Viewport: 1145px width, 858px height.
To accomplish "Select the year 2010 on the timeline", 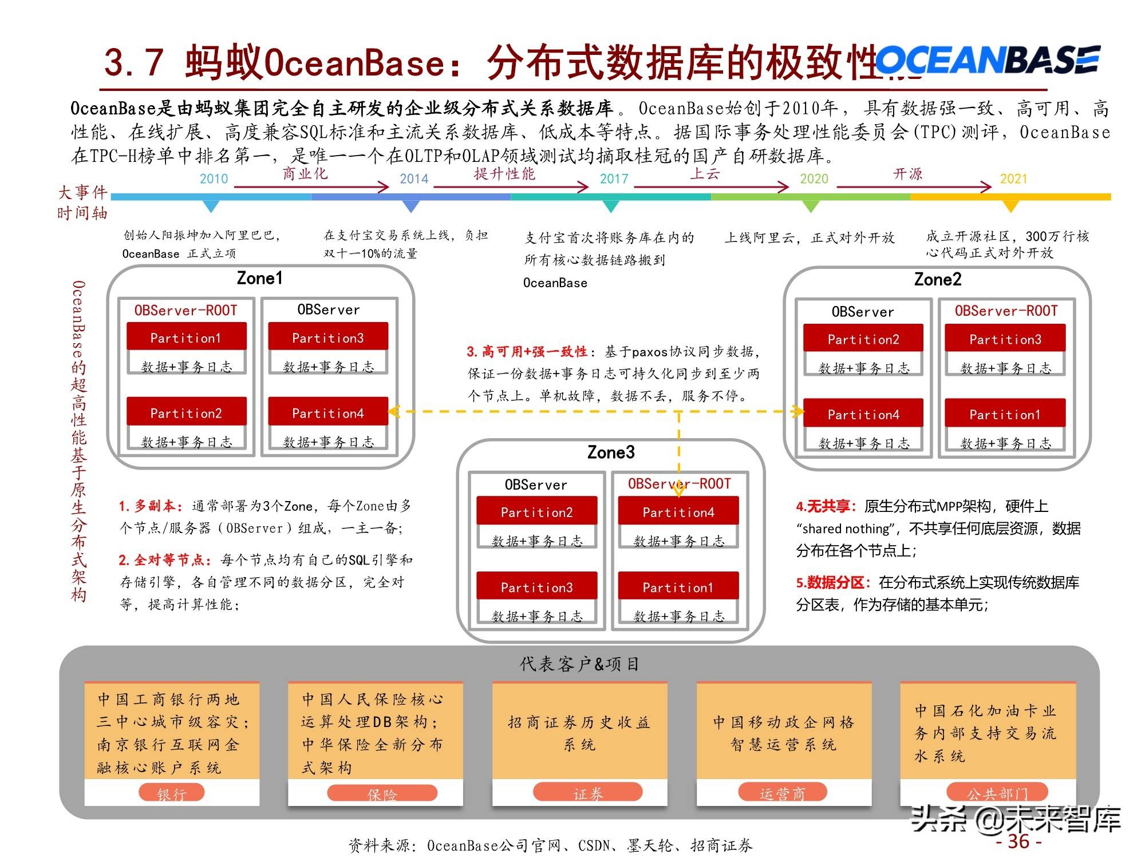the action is tap(214, 179).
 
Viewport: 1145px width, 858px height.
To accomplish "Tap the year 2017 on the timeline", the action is tap(614, 179).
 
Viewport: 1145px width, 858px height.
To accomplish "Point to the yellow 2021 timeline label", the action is tap(1013, 179).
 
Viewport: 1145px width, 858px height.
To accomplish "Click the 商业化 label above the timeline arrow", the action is tap(305, 173).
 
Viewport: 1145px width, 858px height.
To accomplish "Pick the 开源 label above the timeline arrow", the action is tap(908, 174).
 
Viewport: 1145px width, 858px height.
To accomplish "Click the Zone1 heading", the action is tap(259, 279).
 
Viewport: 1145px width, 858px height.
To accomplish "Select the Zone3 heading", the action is tap(611, 452).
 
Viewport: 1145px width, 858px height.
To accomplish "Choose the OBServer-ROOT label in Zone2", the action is tap(1006, 311).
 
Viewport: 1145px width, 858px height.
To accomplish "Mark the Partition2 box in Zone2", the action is tap(863, 339).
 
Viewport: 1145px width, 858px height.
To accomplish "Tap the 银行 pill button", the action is tap(171, 793).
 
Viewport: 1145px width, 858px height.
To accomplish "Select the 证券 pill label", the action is tap(587, 793).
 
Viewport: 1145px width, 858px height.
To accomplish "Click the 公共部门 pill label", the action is tap(997, 793).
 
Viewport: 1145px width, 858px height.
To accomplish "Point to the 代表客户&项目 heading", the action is tap(579, 664).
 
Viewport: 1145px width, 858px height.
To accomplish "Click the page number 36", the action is tap(1018, 841).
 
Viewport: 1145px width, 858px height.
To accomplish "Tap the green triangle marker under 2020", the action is tap(811, 206).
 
